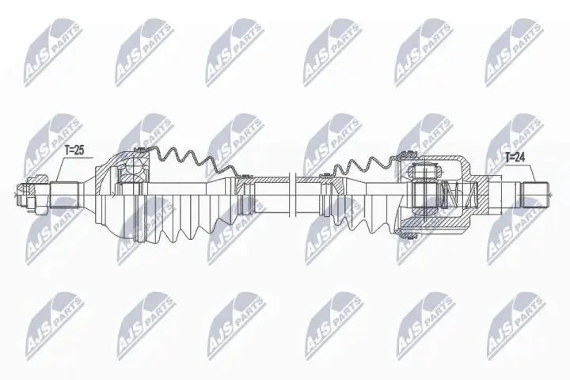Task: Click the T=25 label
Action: point(74,148)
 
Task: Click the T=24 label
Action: point(517,158)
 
